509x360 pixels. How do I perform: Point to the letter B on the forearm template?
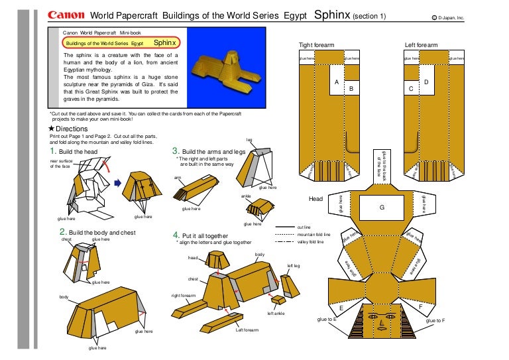pos(351,88)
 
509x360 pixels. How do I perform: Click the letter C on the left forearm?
pos(411,88)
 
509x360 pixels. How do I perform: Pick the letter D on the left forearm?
pos(426,82)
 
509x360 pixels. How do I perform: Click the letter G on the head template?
pos(382,208)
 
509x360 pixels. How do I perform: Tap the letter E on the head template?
pos(341,308)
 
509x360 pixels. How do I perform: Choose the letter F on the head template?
pos(421,308)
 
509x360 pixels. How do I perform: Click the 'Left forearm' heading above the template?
pos(421,45)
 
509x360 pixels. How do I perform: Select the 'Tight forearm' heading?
pos(316,45)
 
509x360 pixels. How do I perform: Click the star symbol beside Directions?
pos(52,129)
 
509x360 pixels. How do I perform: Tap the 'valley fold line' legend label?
pos(311,243)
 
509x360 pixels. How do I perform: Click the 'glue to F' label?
pos(435,321)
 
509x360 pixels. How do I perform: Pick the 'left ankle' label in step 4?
pos(276,314)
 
